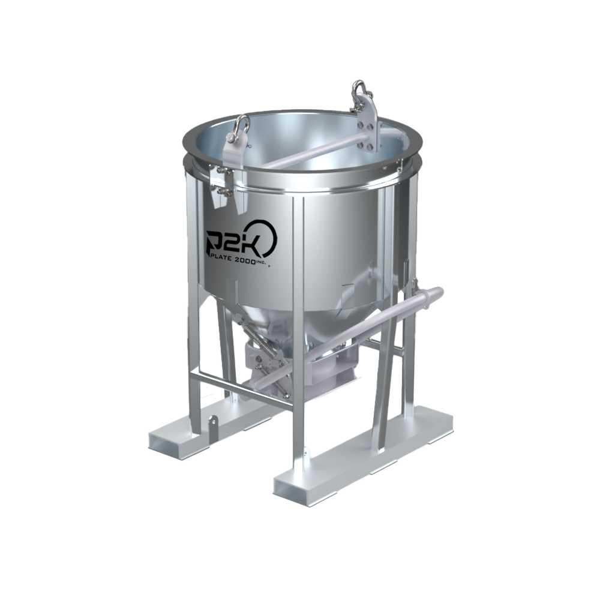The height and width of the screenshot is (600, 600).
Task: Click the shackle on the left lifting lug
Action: [x=242, y=127]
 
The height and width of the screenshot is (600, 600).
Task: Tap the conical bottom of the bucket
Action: [x=282, y=318]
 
